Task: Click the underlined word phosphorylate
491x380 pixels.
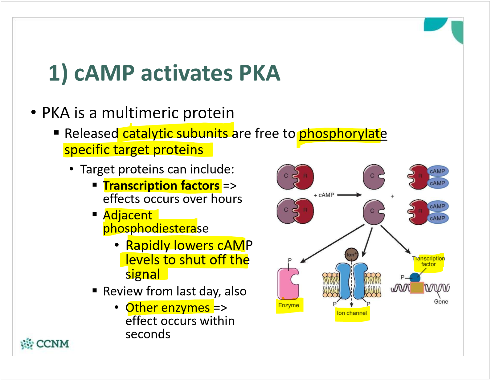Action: pyautogui.click(x=343, y=134)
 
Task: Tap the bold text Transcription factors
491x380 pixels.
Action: pyautogui.click(x=161, y=186)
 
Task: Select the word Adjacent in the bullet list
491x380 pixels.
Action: pyautogui.click(x=128, y=215)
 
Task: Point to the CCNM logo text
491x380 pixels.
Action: pyautogui.click(x=52, y=344)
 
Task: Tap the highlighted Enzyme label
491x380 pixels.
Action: pyautogui.click(x=288, y=305)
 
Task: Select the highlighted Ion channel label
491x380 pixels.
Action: pyautogui.click(x=352, y=313)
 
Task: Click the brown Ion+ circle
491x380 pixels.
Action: pyautogui.click(x=351, y=255)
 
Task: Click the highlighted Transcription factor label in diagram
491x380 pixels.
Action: pyautogui.click(x=428, y=261)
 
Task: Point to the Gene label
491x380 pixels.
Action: pyautogui.click(x=441, y=301)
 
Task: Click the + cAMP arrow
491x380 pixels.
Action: pyautogui.click(x=349, y=195)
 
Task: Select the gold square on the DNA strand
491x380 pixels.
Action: pyautogui.click(x=417, y=288)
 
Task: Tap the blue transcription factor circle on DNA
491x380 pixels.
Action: pyautogui.click(x=415, y=277)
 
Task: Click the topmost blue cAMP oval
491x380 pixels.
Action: pyautogui.click(x=437, y=171)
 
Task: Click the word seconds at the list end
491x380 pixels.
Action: pyautogui.click(x=148, y=334)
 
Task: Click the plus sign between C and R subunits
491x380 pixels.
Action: pyautogui.click(x=392, y=196)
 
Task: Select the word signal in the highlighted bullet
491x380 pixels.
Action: pyautogui.click(x=143, y=274)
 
